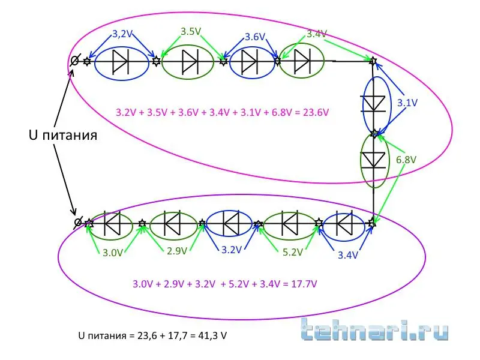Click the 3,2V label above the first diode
tap(122, 34)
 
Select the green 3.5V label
tap(191, 31)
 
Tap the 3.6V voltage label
tap(254, 37)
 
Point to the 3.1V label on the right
tap(407, 103)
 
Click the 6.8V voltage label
tap(406, 161)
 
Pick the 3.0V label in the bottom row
tap(112, 253)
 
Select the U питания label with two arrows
tap(63, 135)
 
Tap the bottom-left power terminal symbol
tap(77, 223)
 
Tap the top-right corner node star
tap(373, 61)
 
